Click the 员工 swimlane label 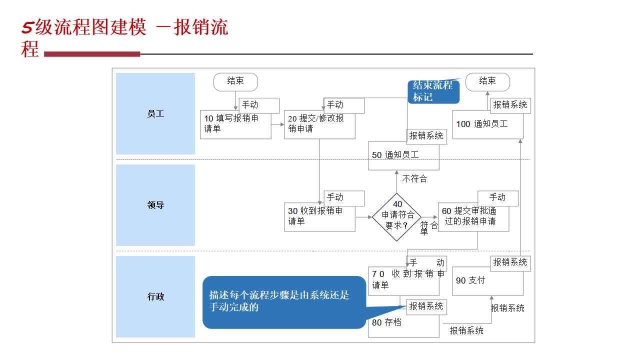coord(155,114)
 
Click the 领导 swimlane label coord(155,205)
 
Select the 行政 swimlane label coord(155,296)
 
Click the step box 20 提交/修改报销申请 coord(319,125)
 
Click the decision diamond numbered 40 coord(397,217)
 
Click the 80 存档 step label coord(386,322)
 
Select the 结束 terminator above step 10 coord(235,81)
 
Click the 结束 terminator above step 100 coord(487,81)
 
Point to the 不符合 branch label coord(414,178)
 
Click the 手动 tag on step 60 coord(497,197)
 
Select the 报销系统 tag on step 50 coord(426,136)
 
